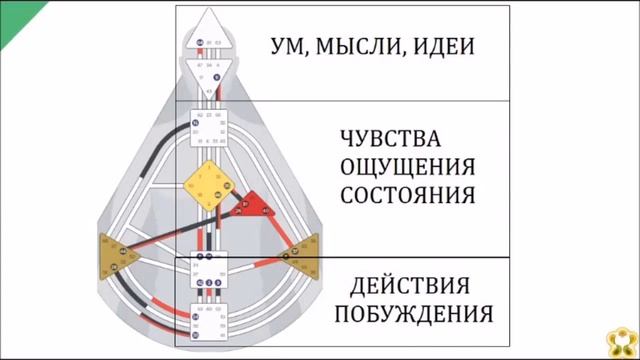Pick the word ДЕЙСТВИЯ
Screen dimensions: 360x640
412,284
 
